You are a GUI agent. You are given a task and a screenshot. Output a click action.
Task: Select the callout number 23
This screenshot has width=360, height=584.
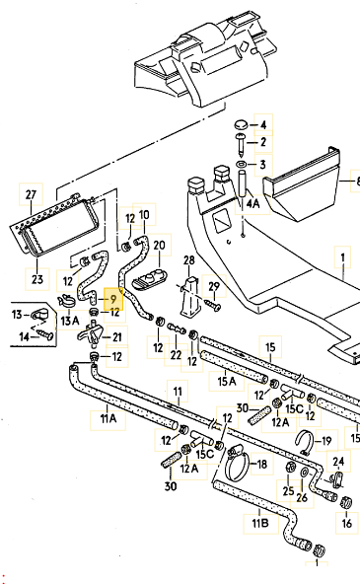coord(36,278)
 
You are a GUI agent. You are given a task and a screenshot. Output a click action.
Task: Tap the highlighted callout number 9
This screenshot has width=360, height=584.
coord(112,297)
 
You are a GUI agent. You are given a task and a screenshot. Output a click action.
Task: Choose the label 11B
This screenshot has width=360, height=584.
coord(258,523)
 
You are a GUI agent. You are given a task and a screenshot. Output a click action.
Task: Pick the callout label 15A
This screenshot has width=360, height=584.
coord(227,381)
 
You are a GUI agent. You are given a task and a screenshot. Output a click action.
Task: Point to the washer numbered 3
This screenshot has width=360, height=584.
coord(240,163)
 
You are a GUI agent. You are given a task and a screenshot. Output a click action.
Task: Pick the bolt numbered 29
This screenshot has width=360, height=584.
coord(212,307)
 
